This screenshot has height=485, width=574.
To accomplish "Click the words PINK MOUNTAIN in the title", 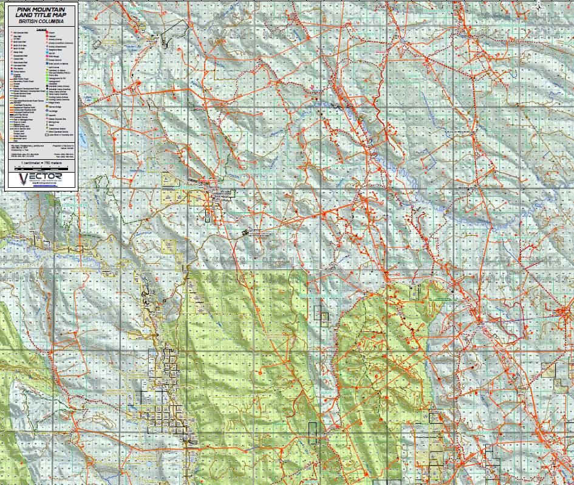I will click(41, 9).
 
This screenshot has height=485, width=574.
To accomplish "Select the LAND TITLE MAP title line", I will click(41, 15).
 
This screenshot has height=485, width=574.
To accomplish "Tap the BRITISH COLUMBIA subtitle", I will click(41, 20).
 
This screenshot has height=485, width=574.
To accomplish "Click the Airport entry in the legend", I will click(49, 32).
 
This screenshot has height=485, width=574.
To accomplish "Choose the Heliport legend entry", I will click(49, 36).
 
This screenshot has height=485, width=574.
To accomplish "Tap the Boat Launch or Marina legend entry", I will click(53, 63).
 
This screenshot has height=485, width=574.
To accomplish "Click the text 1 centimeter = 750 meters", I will click(41, 163).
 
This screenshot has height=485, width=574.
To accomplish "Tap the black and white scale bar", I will click(41, 168).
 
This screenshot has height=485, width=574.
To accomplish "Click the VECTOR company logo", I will click(41, 178).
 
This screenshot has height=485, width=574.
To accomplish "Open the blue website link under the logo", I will click(41, 187).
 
